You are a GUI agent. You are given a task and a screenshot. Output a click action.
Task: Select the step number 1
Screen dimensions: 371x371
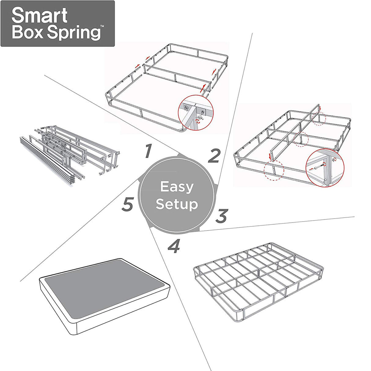coord(148,151)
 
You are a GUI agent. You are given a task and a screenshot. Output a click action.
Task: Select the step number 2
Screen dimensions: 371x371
coord(214,156)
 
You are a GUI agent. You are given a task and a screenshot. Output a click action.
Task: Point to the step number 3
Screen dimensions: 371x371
coord(222,216)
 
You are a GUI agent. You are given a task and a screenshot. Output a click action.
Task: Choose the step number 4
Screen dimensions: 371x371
coord(174,246)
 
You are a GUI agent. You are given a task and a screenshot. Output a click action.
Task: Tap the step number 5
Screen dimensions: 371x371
coord(128,204)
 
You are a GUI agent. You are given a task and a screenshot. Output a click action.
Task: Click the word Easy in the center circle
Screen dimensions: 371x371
coord(177,187)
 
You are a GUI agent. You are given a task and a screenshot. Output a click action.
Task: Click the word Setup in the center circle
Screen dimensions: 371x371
coord(177,204)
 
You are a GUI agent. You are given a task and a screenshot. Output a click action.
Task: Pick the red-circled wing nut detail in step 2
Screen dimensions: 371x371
coord(196,112)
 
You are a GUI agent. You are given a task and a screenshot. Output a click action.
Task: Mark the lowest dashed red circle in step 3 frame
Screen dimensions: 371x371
coord(274,170)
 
